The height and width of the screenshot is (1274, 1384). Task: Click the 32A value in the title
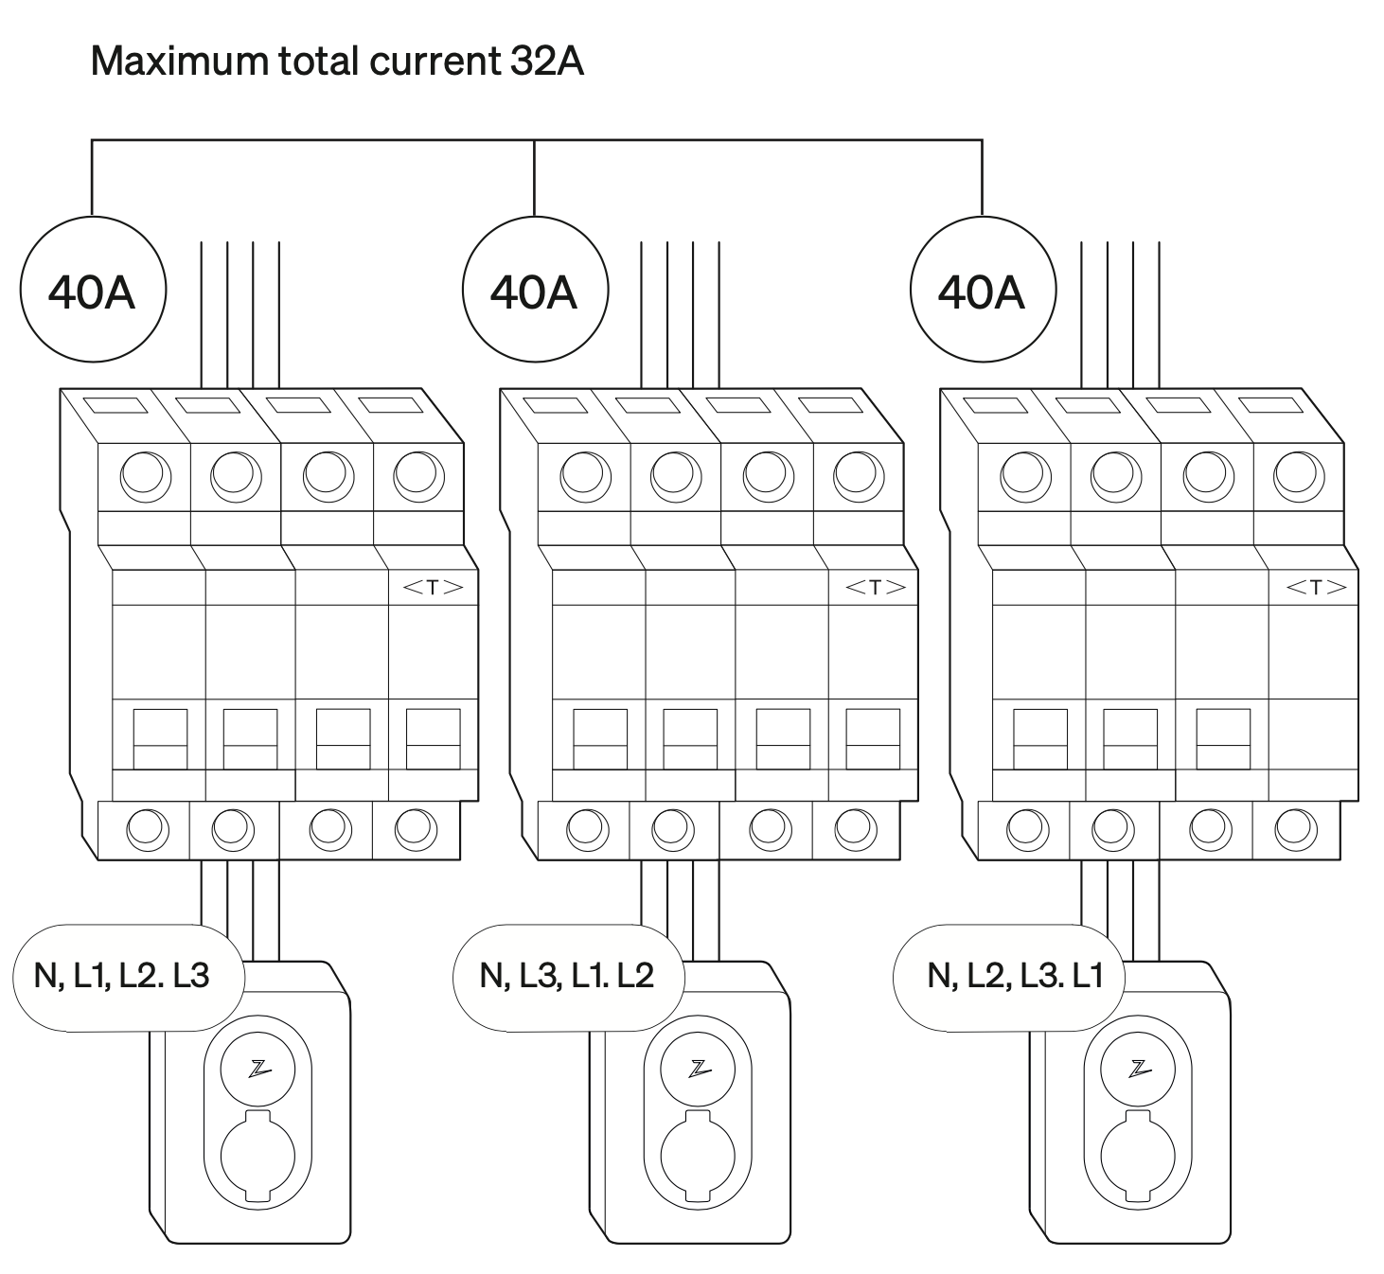(x=546, y=62)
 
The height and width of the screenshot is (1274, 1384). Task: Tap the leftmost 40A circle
(x=92, y=291)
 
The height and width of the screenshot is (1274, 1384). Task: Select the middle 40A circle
(x=534, y=291)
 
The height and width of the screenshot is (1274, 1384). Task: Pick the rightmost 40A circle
(x=982, y=291)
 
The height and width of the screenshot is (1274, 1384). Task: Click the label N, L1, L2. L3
(x=121, y=976)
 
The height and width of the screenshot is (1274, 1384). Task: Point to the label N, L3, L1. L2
(x=566, y=976)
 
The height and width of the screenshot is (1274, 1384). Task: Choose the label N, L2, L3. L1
(x=1015, y=976)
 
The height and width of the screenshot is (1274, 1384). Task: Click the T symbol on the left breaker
(x=433, y=588)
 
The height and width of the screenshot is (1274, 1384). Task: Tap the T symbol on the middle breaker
(x=874, y=588)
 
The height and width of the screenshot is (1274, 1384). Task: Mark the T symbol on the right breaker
(x=1315, y=588)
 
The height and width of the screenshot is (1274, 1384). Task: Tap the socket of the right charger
(x=1139, y=1157)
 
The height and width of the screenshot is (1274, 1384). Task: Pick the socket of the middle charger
(x=699, y=1157)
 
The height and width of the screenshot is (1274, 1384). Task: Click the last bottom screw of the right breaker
(x=1296, y=829)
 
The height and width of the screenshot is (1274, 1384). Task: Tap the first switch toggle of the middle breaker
(x=600, y=738)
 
